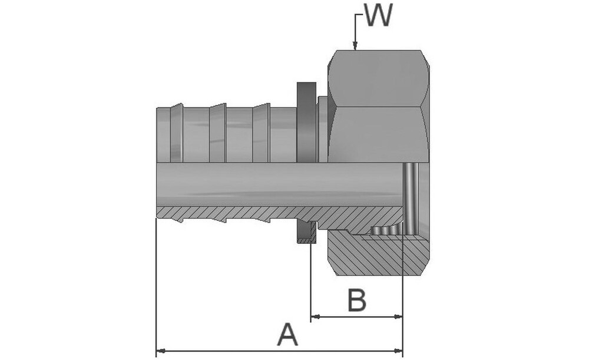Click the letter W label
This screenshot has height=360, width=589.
point(378,16)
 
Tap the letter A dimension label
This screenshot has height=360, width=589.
point(287,335)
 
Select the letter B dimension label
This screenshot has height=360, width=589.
point(356,300)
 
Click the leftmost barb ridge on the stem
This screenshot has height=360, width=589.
point(176,133)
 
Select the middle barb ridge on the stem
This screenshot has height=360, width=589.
point(218,133)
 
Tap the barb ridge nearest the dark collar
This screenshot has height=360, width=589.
point(261,133)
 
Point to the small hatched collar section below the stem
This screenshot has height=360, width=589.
point(306,232)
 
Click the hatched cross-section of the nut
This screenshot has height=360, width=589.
point(377,256)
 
